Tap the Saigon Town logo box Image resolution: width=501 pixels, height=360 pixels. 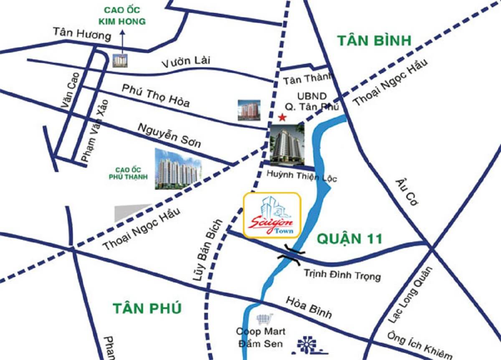(272, 215)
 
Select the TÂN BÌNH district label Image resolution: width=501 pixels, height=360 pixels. (374, 41)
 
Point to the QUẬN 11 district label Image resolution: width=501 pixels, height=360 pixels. (349, 238)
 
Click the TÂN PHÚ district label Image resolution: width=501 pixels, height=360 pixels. (147, 308)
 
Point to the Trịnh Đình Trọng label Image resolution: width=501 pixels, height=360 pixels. (342, 276)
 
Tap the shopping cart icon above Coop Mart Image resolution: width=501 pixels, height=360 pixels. (264, 319)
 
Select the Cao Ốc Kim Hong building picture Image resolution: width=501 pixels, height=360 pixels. (120, 61)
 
